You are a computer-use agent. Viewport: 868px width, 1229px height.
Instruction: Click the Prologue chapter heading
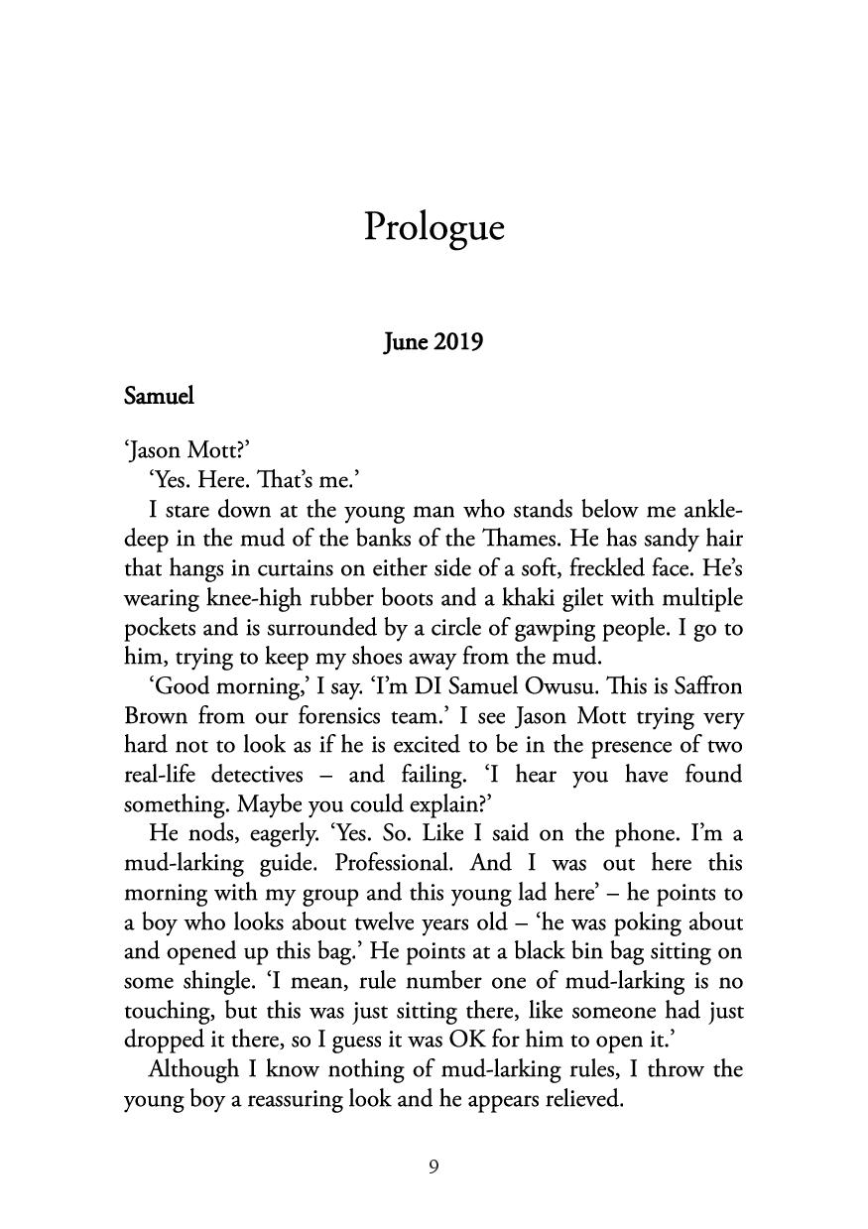434,227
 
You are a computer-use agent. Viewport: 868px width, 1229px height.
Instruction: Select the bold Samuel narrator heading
159,396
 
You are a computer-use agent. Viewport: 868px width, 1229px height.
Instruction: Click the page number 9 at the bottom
434,1168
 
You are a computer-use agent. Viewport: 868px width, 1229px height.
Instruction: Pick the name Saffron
705,686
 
